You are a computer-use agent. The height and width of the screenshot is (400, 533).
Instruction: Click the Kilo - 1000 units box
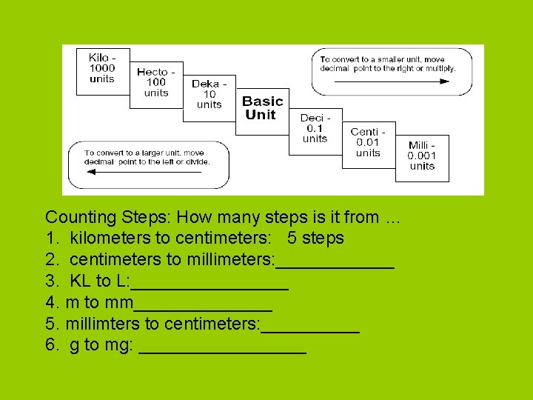point(103,72)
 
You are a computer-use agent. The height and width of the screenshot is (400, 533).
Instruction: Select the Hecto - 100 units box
point(156,85)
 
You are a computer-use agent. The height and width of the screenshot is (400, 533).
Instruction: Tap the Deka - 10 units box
point(209,99)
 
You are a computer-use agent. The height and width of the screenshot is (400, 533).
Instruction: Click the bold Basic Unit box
point(262,112)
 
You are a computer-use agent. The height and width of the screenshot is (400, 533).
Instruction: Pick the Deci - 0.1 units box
point(315,132)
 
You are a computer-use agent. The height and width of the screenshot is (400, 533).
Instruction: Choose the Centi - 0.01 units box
point(369,145)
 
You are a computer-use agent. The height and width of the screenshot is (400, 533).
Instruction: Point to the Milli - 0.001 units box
point(422,159)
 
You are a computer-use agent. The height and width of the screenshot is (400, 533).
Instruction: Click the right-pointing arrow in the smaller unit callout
point(392,81)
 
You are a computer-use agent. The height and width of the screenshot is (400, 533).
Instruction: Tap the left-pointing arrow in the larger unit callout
point(144,172)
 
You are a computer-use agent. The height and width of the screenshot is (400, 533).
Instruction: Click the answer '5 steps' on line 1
point(315,238)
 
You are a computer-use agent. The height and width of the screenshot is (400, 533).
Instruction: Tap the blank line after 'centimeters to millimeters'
point(335,268)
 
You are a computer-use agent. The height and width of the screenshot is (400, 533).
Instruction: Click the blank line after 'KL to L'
point(209,290)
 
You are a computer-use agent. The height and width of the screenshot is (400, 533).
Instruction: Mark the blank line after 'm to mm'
point(204,310)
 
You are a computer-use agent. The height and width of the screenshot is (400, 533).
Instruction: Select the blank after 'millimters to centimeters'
point(310,332)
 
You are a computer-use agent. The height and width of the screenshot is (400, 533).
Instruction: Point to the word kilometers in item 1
point(110,238)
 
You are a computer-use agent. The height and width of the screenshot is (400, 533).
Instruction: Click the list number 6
point(50,344)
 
